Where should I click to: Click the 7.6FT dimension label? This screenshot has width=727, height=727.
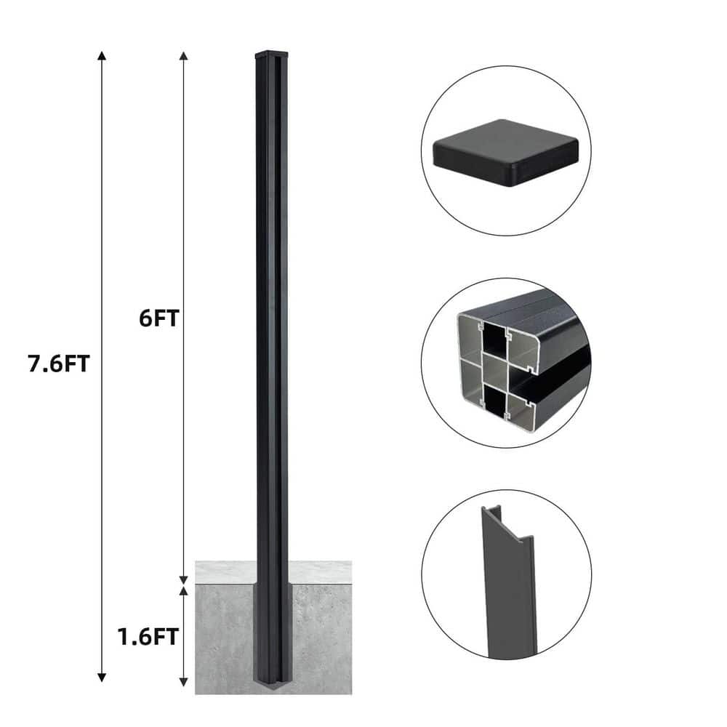pyautogui.click(x=59, y=363)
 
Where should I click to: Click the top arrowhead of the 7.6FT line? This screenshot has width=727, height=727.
pyautogui.click(x=102, y=57)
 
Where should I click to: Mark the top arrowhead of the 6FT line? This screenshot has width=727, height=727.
pyautogui.click(x=184, y=57)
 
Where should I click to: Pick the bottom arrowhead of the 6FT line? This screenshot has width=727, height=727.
pyautogui.click(x=184, y=579)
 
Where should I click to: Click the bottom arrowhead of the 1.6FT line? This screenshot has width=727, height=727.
pyautogui.click(x=184, y=682)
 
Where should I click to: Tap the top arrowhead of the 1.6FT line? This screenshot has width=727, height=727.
pyautogui.click(x=184, y=590)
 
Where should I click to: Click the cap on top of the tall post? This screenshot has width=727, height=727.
pyautogui.click(x=272, y=53)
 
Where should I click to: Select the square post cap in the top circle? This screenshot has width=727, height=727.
pyautogui.click(x=506, y=153)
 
